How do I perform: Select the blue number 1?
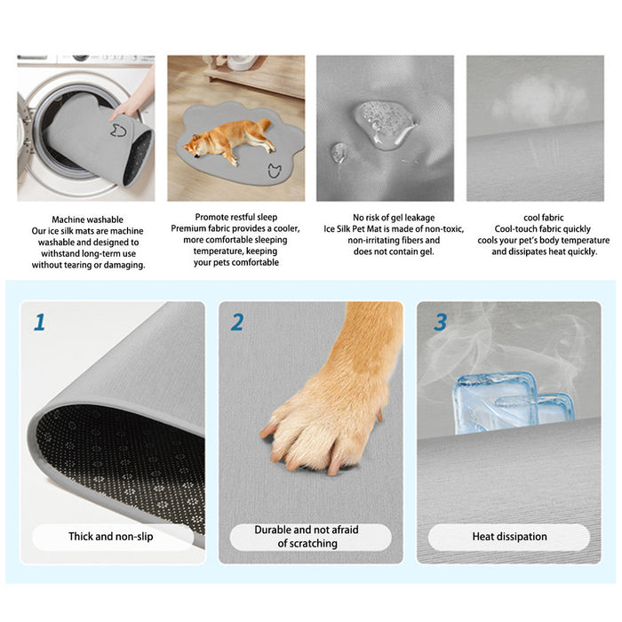point(39,322)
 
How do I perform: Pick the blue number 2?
point(237,322)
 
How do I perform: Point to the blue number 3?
point(440,322)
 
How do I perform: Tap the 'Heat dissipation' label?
point(509,537)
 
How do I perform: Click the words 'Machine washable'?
point(87,219)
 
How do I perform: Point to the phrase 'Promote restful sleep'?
point(235,217)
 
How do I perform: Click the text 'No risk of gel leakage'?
point(383,217)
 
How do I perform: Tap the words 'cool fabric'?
point(542,217)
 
